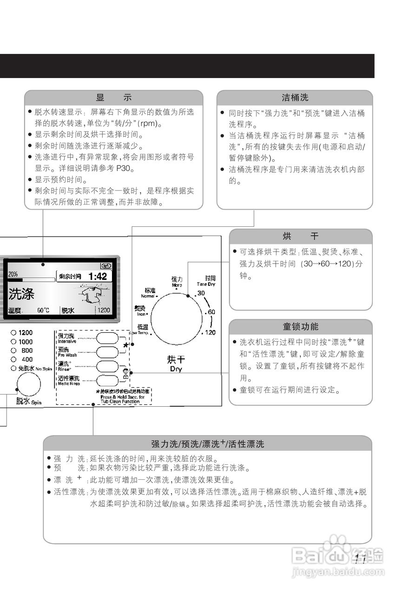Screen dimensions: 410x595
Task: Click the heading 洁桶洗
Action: pos(295,98)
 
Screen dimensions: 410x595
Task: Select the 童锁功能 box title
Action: pos(300,326)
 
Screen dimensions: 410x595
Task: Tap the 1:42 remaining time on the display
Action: pos(97,276)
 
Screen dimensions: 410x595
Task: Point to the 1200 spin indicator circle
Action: pos(13,333)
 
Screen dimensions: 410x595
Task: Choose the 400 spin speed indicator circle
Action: pos(13,359)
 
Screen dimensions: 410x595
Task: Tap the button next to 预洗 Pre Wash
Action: pos(107,351)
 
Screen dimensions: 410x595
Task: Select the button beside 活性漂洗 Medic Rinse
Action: pos(107,380)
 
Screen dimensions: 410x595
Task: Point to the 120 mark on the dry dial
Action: pos(210,332)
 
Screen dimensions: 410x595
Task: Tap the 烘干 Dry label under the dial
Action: pos(176,363)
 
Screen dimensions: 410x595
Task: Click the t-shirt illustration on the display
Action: pos(91,295)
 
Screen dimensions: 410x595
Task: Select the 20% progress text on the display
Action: pos(13,274)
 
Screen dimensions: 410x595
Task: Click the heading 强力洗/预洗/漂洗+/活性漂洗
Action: pos(207,444)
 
